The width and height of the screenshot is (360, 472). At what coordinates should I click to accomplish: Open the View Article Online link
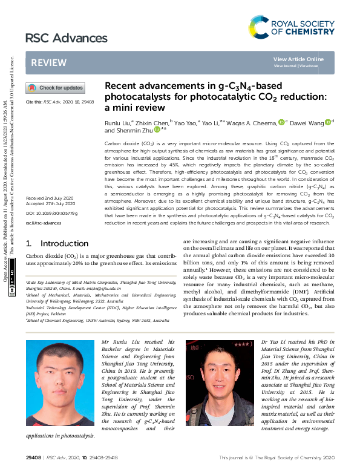(298, 59)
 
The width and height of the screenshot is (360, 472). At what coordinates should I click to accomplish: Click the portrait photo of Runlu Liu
(60, 382)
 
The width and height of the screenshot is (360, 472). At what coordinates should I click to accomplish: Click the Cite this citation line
(59, 102)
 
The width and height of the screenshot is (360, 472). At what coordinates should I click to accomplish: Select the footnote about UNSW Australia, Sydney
(97, 321)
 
